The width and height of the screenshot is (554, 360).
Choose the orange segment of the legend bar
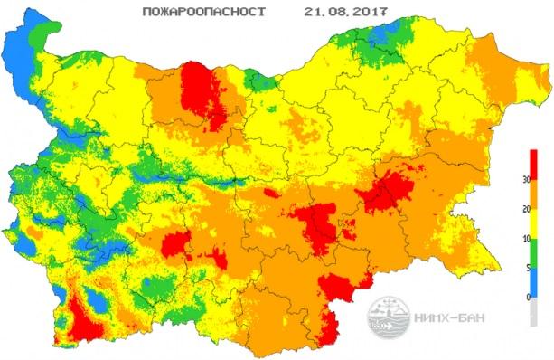[534, 194]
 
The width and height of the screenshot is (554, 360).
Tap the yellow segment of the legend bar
[534, 223]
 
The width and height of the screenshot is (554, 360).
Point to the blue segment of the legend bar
[534, 282]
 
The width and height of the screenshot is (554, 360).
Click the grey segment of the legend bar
[534, 311]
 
